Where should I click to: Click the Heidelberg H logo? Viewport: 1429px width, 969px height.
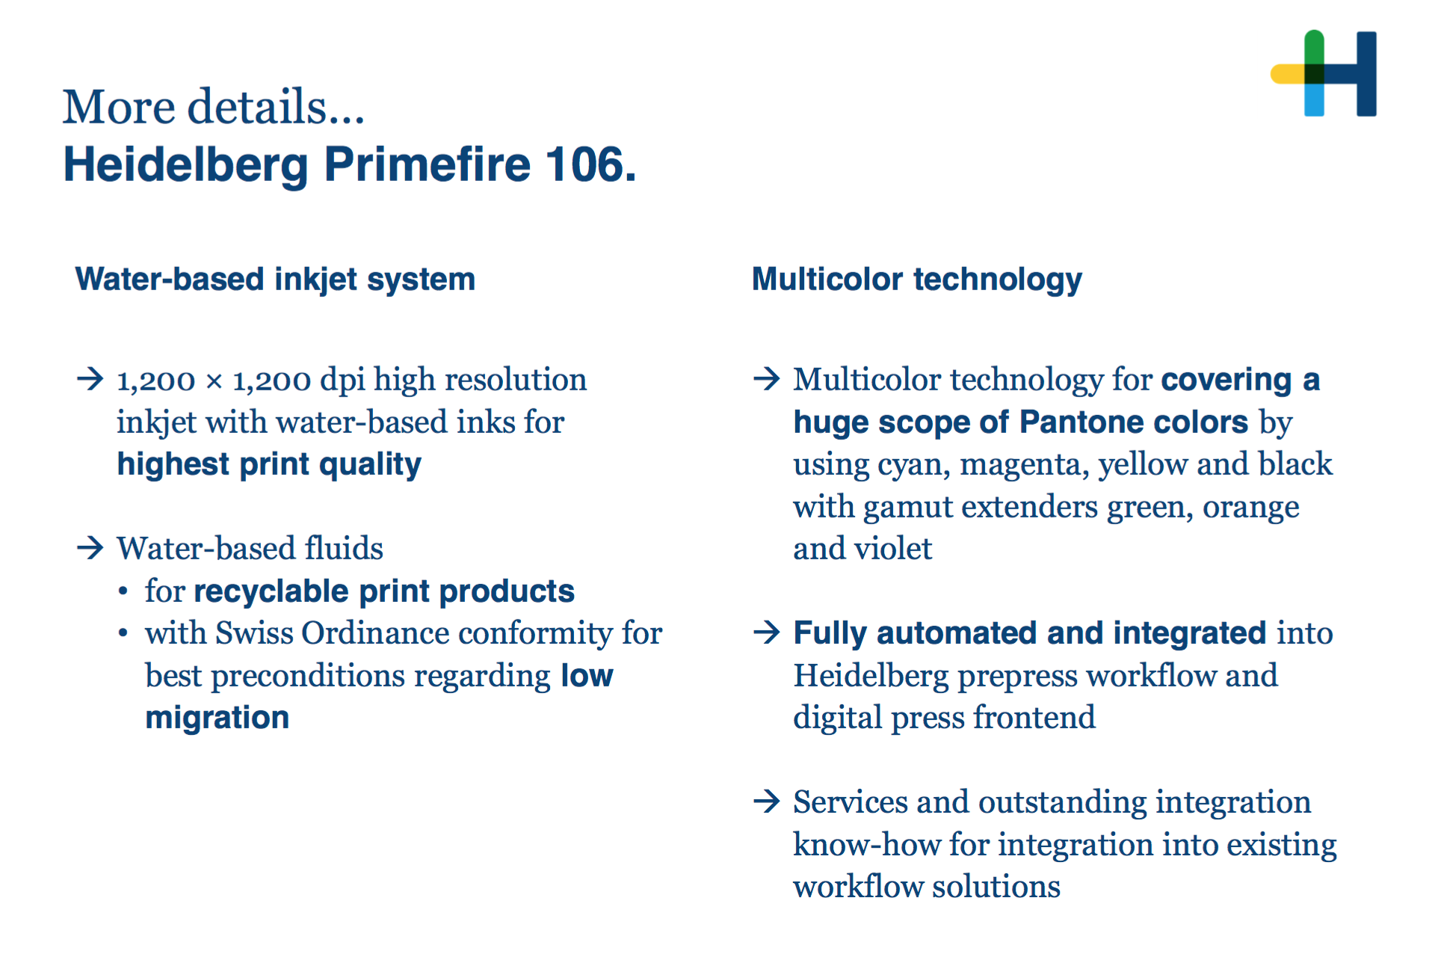pos(1324,73)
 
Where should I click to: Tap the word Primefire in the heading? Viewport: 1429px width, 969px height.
pos(428,164)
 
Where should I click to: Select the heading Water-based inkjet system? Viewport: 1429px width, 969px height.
pos(275,280)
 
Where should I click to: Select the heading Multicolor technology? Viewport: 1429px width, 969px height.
pos(916,280)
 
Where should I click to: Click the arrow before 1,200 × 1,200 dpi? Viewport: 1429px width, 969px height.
pos(90,379)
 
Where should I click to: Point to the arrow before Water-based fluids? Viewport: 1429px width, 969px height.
pos(90,548)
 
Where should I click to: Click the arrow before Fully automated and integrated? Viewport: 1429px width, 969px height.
pos(767,633)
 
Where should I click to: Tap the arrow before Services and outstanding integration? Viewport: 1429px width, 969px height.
pos(767,802)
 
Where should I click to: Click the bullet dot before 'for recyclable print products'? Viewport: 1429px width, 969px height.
pos(123,591)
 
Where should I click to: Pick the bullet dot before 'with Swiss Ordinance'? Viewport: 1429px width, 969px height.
pos(123,634)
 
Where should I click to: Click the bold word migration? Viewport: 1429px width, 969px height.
pos(217,718)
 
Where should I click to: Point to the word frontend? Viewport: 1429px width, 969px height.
pos(1034,718)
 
